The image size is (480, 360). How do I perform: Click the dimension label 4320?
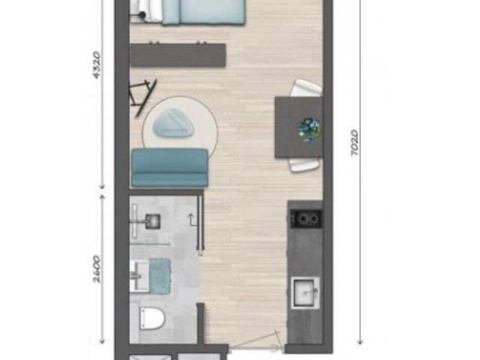coord(97,65)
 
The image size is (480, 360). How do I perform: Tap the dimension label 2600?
coord(97,268)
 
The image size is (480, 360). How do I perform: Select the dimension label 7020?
coord(354,142)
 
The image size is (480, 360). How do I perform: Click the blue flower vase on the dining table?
coord(309,130)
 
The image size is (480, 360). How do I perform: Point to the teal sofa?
coord(170,167)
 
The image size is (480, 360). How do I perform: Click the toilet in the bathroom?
coord(151,318)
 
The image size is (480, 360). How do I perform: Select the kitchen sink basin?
coord(305,292)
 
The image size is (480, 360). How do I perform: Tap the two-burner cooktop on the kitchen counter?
coord(307,218)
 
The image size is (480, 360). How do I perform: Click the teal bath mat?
coord(160,276)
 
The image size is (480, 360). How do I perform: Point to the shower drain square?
coord(153,220)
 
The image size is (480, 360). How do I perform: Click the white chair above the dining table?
coord(306,88)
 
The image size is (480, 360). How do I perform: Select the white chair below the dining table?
coord(304,164)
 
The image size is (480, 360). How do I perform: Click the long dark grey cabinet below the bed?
coord(178,55)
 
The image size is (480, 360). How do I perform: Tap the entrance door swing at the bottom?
coord(255,340)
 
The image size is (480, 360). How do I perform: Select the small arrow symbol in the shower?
coord(192,220)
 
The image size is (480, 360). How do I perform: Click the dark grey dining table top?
coord(299,127)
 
